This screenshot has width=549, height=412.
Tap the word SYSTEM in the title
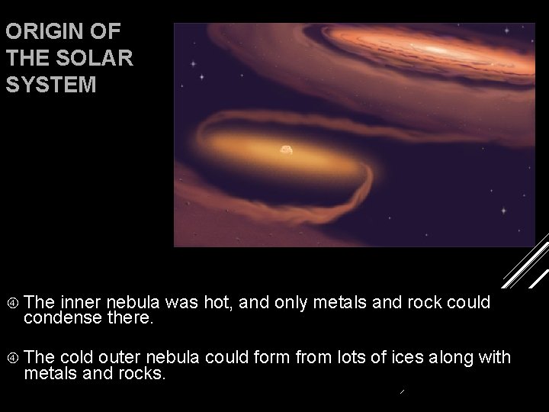click(x=50, y=85)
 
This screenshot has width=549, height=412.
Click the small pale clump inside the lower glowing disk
click(x=286, y=150)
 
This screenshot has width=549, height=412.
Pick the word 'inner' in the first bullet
click(x=80, y=302)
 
